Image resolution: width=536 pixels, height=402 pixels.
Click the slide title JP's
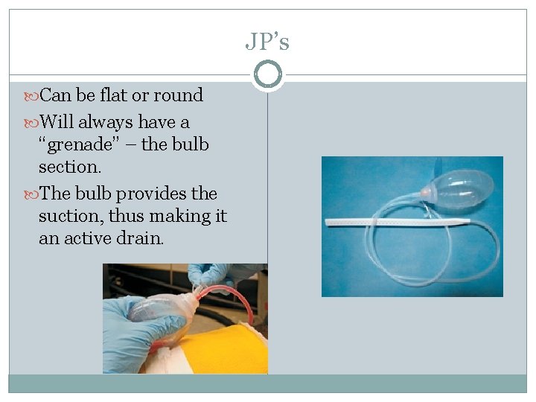click(x=267, y=42)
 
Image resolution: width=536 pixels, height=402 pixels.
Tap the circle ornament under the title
click(x=267, y=74)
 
